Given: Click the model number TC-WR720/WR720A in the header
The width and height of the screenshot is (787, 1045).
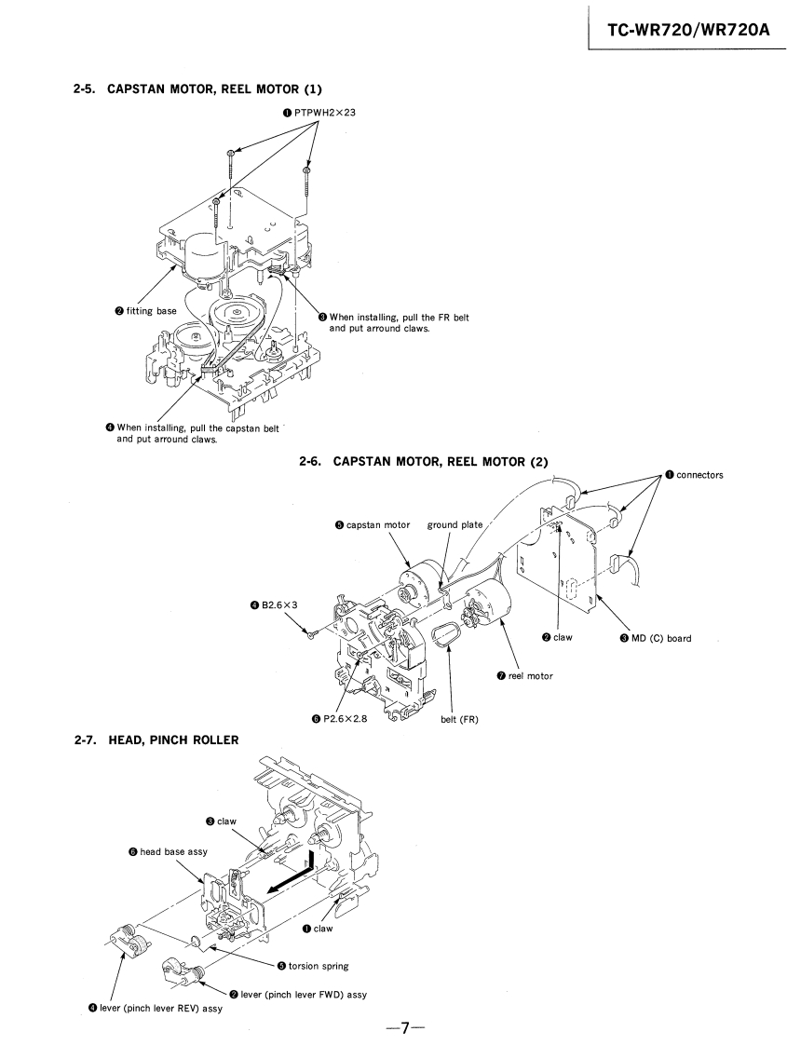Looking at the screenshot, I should click(688, 29).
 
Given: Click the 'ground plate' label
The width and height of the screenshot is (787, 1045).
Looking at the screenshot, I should click(455, 525).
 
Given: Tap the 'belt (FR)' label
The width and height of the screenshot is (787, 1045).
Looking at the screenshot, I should click(459, 719).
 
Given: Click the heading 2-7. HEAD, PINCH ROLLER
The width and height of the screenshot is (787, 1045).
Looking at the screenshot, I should click(156, 740).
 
